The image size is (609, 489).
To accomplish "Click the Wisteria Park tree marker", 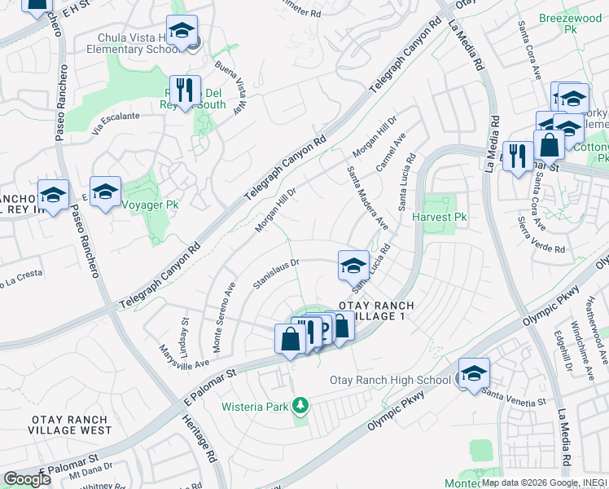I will (301, 404).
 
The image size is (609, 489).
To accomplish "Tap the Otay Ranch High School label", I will (390, 381).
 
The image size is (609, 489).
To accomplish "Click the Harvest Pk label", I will (439, 218).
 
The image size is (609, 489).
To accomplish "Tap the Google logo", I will (27, 479).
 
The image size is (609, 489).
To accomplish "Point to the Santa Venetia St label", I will (513, 399).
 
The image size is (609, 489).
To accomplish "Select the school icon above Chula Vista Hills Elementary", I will (182, 30).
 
